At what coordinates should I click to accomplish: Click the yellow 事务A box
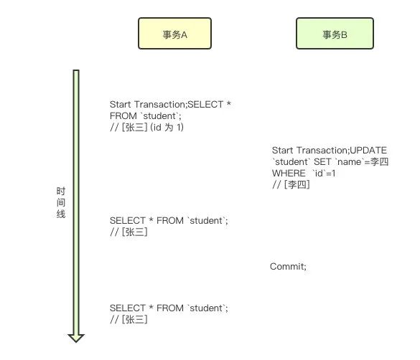coord(174,34)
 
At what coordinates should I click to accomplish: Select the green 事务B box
coord(335,34)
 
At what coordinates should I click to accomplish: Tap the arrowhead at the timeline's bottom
coord(76,338)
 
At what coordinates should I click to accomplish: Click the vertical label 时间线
coord(61,202)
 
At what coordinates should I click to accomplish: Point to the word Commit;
coord(288,266)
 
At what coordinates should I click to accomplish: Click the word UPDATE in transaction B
coord(368,151)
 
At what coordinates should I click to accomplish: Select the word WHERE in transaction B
coord(289,174)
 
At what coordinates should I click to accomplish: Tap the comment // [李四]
coord(291,184)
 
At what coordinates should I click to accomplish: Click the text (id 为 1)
coord(167,128)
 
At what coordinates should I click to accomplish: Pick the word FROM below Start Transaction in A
coord(123,116)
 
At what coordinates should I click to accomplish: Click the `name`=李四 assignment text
coord(362,162)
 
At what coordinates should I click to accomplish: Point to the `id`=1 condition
coord(324,174)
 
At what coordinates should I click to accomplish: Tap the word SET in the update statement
coord(322,162)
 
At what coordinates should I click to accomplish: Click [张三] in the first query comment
coord(134,128)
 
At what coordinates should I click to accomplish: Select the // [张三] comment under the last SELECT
coord(129,319)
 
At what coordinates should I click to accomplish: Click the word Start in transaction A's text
coord(121,104)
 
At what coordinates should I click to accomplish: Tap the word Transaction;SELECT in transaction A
coord(179,104)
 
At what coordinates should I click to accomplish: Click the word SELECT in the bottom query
coord(128,308)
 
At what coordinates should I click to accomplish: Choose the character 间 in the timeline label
coord(61,202)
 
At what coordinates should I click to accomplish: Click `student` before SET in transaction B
coord(291,162)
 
